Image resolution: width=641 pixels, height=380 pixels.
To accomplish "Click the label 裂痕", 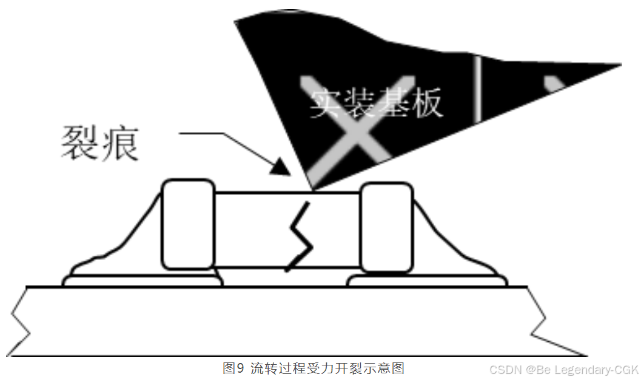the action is coord(99,143).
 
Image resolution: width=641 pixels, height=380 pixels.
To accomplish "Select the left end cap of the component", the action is coord(188,224).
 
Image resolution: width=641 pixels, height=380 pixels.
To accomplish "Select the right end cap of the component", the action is coord(386,227).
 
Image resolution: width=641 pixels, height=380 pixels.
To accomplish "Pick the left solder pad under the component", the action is coord(143,281).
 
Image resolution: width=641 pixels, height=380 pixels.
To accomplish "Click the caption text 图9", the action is coord(233,368).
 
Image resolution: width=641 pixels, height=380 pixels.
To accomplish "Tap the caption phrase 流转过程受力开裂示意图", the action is coord(327,368).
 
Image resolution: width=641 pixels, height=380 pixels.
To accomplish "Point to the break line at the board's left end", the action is coord(21,321).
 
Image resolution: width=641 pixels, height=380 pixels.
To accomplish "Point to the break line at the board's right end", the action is coord(540,321).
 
